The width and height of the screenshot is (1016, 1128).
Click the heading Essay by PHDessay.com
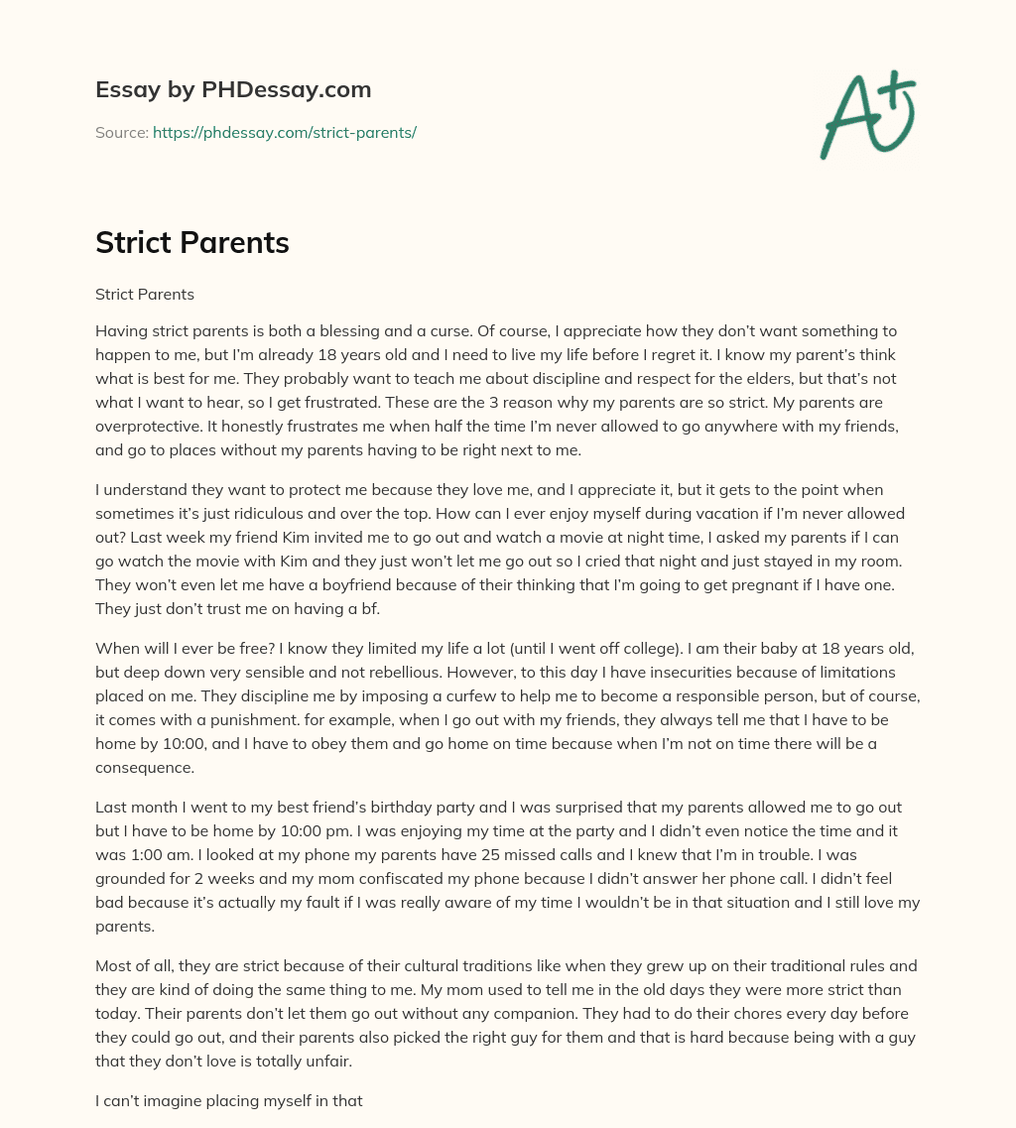tap(233, 90)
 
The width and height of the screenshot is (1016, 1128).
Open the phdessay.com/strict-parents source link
tap(285, 132)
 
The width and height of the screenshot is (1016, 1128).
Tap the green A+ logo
tap(868, 114)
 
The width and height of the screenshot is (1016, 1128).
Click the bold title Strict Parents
tap(192, 243)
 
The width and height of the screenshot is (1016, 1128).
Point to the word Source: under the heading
tap(122, 132)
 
